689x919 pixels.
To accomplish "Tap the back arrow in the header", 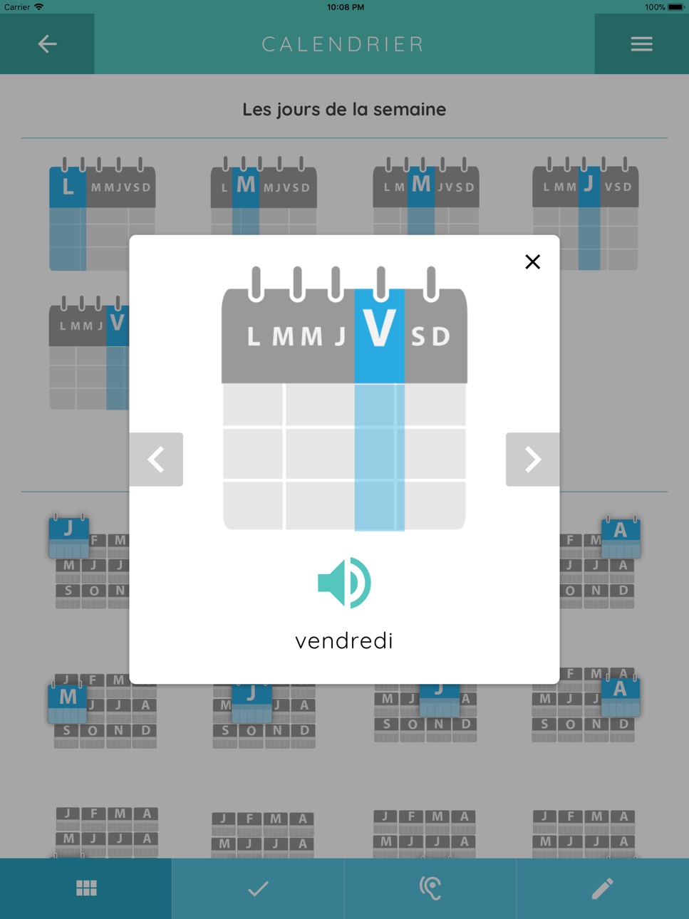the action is point(47,44).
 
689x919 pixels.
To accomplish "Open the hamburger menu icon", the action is point(641,44).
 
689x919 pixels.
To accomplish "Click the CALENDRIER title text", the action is point(343,44).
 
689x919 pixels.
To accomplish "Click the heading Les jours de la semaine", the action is point(344,110).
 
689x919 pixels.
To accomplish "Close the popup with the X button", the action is point(532,261).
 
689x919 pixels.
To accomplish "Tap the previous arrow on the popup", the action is point(156,459).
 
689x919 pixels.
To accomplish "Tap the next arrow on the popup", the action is point(532,459).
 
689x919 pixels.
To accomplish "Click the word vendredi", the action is point(344,641).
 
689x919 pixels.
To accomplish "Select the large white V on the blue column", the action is point(379,328).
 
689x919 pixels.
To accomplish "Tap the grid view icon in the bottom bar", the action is point(86,888).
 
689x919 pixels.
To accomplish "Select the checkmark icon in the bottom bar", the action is point(258,888).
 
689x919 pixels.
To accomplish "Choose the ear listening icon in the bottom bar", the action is point(430,888).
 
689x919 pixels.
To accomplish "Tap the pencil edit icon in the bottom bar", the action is point(602,888).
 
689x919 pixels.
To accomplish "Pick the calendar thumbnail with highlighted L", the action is point(102,214).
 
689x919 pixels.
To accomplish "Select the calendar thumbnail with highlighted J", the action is point(585,213).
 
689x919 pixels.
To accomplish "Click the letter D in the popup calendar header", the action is point(441,336).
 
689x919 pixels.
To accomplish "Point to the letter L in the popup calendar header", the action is point(254,336).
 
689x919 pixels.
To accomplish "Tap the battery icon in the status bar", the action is point(676,7).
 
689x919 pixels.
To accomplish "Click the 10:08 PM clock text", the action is point(346,7).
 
